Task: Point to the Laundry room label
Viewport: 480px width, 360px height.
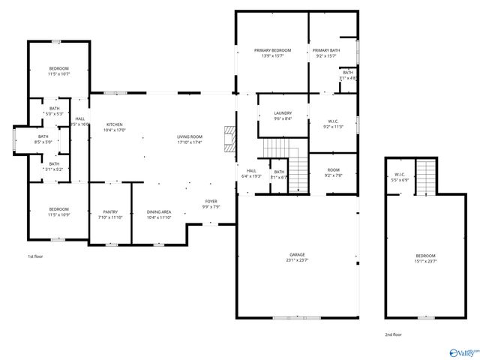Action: click(x=282, y=115)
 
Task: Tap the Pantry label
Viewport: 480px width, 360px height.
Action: click(x=109, y=214)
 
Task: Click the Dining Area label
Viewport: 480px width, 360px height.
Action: click(x=158, y=214)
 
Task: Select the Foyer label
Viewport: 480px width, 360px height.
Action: click(x=212, y=204)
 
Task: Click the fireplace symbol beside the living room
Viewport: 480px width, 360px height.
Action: click(x=229, y=139)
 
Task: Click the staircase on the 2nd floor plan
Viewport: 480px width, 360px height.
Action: click(x=425, y=177)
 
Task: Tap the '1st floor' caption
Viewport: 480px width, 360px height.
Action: click(x=36, y=256)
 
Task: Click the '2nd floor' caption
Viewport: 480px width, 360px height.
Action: click(x=393, y=334)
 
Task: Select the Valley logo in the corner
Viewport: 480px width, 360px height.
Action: click(x=462, y=350)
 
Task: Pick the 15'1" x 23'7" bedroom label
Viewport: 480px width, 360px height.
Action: click(x=425, y=259)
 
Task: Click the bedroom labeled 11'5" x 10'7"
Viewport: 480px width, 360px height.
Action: click(x=58, y=71)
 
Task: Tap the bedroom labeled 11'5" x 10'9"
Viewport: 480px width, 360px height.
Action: click(x=58, y=211)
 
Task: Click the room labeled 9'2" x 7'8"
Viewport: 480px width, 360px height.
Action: click(x=333, y=173)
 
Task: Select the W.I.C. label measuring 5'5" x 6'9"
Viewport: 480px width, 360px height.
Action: click(x=400, y=177)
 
